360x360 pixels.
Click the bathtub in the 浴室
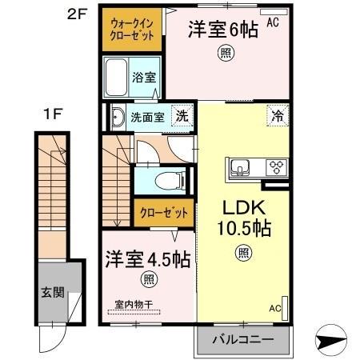click(116, 77)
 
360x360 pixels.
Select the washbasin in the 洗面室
click(118, 118)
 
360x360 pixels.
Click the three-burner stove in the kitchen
click(277, 167)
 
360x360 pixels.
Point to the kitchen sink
click(240, 167)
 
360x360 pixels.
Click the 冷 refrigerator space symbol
click(278, 115)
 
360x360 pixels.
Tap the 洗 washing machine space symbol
click(182, 115)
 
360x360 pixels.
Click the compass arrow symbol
click(331, 341)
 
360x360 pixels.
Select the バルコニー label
click(243, 340)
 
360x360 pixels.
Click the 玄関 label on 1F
click(53, 293)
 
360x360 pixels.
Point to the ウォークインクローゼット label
click(132, 30)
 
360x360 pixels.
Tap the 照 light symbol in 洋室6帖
click(226, 54)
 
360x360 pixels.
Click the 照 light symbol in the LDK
click(243, 253)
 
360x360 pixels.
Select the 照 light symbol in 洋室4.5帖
click(149, 279)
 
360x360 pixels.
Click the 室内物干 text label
click(134, 304)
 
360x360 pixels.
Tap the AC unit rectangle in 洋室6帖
click(274, 12)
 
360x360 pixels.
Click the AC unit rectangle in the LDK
click(285, 308)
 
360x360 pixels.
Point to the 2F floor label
click(78, 14)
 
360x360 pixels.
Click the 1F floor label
click(53, 114)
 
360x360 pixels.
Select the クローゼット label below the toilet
click(164, 213)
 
